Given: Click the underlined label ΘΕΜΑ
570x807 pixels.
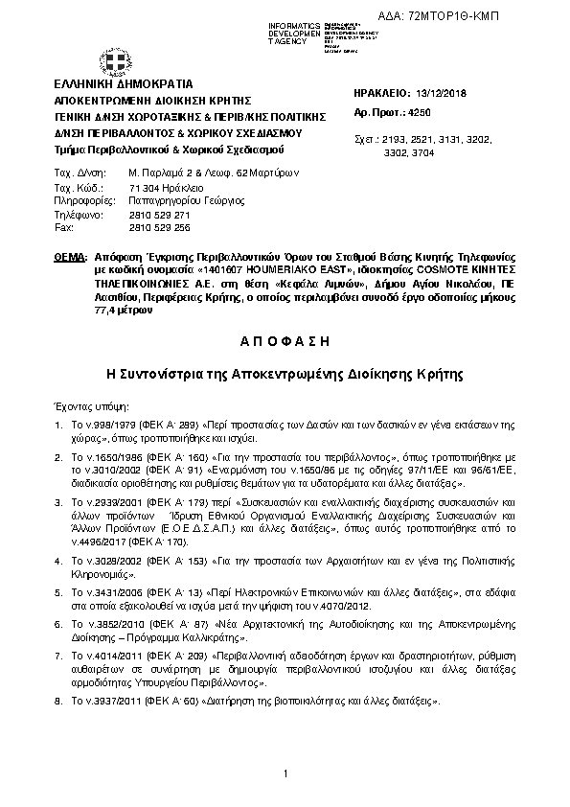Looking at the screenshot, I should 70,259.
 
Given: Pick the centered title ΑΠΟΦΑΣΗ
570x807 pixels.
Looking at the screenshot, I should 285,342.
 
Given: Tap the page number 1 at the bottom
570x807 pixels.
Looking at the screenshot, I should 285,772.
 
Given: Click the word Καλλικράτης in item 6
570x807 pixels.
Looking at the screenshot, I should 243,635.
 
